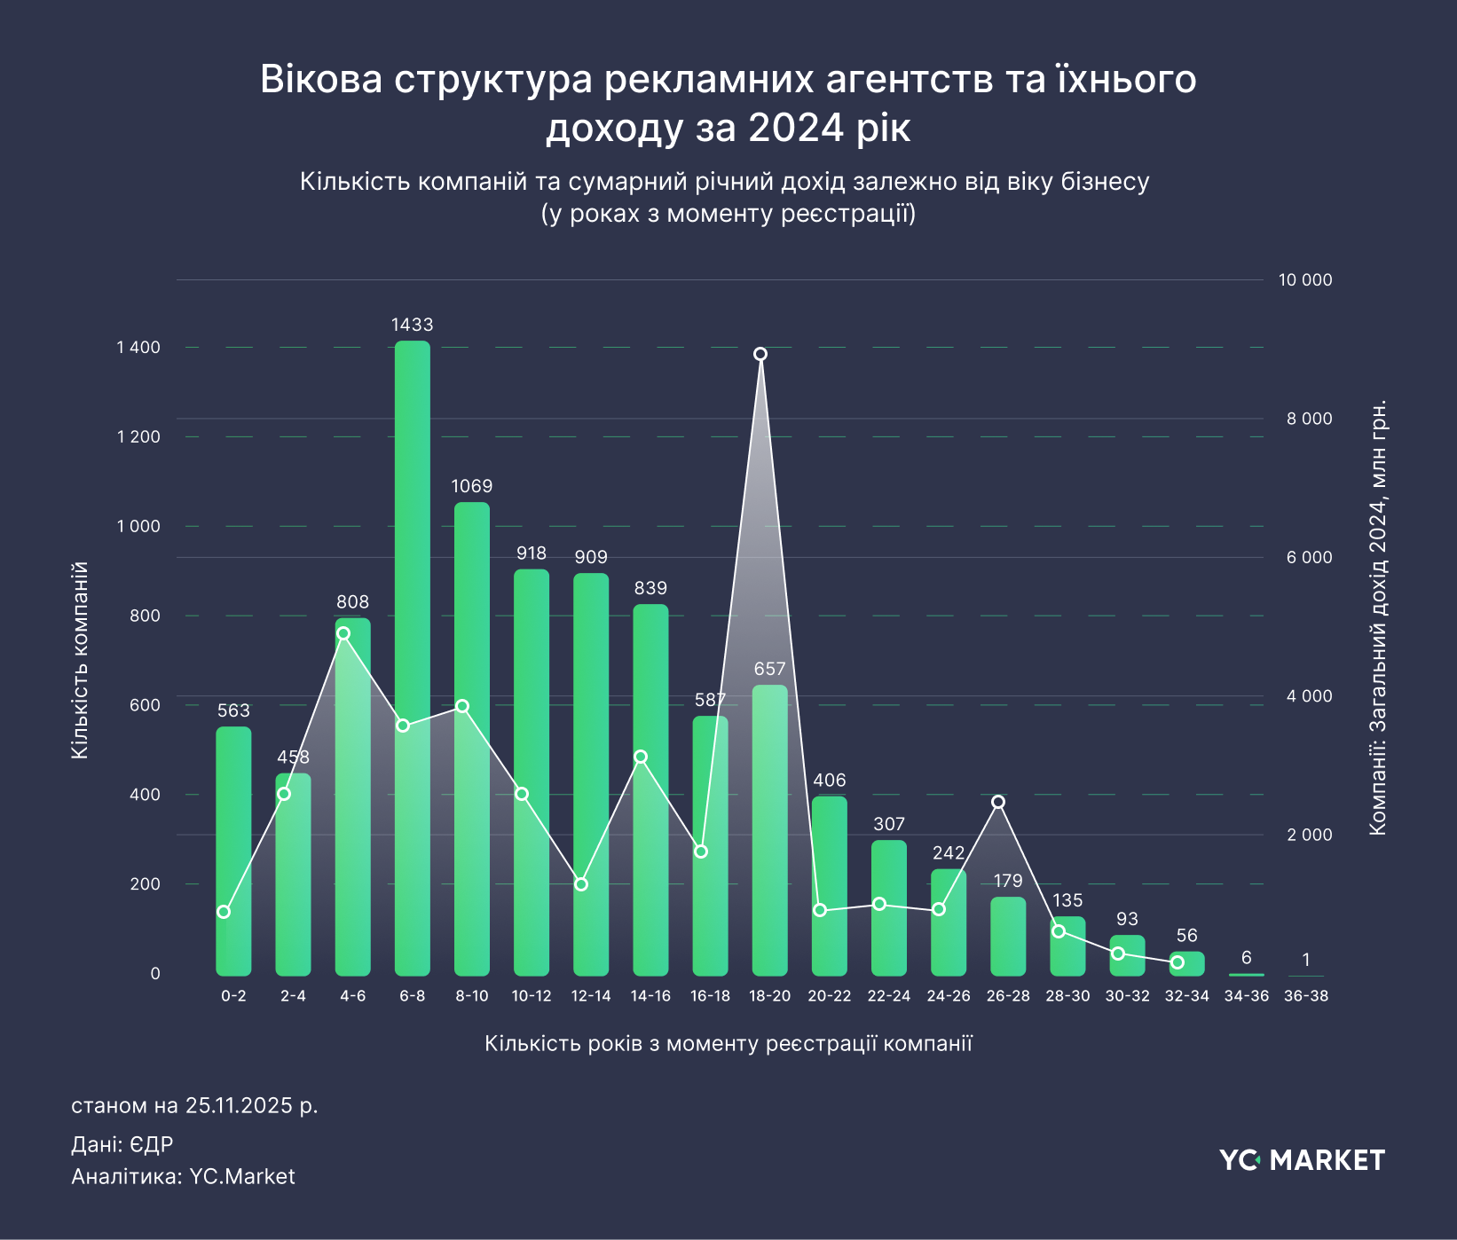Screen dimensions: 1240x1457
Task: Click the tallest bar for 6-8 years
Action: point(413,656)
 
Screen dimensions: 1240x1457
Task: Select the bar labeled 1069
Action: point(472,736)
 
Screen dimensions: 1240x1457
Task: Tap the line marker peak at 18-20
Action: point(760,355)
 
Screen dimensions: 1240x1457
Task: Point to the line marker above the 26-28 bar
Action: point(998,802)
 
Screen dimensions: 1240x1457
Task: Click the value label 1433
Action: point(413,325)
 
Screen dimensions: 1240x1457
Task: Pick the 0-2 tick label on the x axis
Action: point(233,996)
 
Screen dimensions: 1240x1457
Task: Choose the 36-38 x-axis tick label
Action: point(1306,996)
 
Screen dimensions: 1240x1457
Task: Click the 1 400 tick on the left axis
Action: point(138,348)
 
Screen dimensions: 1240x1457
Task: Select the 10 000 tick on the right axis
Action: point(1304,280)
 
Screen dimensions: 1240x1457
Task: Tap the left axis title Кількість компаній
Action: point(80,660)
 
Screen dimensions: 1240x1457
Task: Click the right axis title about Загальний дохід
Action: point(1377,617)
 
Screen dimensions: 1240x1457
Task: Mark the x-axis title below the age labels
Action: point(728,1043)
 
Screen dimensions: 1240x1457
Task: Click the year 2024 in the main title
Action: point(795,128)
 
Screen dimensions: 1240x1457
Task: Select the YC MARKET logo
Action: point(1302,1160)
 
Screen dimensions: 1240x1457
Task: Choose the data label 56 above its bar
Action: point(1186,936)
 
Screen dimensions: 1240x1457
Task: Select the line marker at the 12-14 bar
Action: point(581,884)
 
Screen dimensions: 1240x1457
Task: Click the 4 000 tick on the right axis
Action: point(1309,696)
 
